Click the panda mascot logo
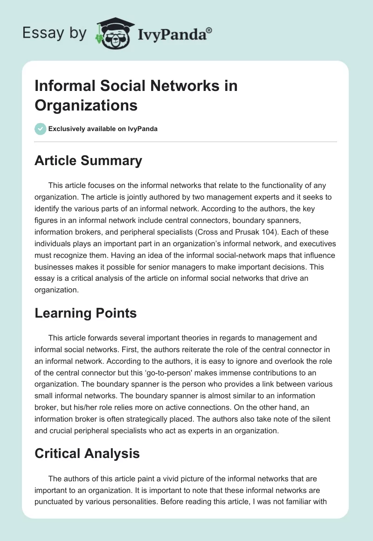pyautogui.click(x=111, y=33)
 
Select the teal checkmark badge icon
pyautogui.click(x=41, y=129)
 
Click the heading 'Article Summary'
pyautogui.click(x=88, y=160)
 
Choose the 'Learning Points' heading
pyautogui.click(x=85, y=313)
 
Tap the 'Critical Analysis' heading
pyautogui.click(x=87, y=453)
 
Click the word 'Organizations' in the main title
pyautogui.click(x=86, y=105)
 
